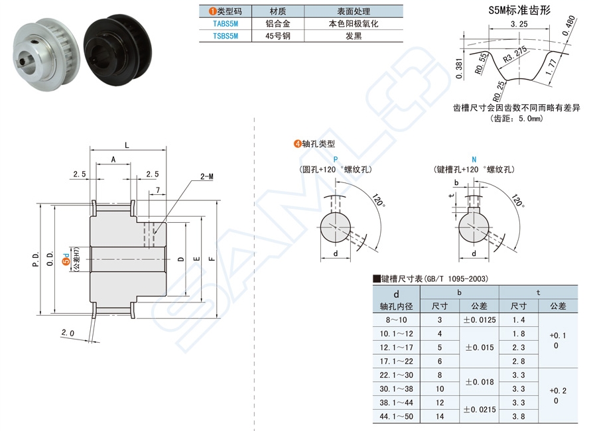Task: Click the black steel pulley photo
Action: (x=119, y=44)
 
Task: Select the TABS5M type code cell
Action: (x=225, y=23)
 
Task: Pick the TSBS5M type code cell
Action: (x=225, y=36)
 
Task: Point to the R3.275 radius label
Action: (x=515, y=55)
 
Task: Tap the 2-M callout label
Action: (x=207, y=177)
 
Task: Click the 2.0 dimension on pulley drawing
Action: (x=68, y=332)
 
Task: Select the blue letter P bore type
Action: (x=335, y=160)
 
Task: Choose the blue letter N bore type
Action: (x=473, y=160)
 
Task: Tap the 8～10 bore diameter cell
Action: (x=396, y=320)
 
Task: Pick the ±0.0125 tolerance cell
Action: (x=478, y=320)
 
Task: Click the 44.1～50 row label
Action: (x=396, y=417)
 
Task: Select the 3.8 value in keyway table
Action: (x=519, y=417)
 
